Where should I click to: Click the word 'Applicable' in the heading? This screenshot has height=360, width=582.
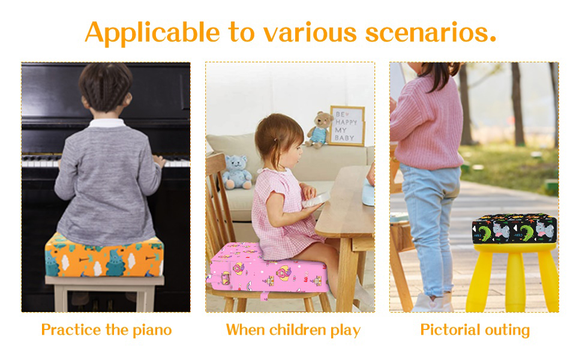point(152,32)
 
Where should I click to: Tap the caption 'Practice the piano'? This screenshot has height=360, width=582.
point(106,329)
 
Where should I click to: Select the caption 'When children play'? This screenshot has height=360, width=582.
point(293,329)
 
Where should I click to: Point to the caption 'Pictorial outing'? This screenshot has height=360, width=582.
point(475,329)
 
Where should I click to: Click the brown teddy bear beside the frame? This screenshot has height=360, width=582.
point(319,129)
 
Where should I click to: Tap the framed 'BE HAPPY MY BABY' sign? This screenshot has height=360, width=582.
point(346,125)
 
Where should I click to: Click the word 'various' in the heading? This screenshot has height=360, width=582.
point(292,32)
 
